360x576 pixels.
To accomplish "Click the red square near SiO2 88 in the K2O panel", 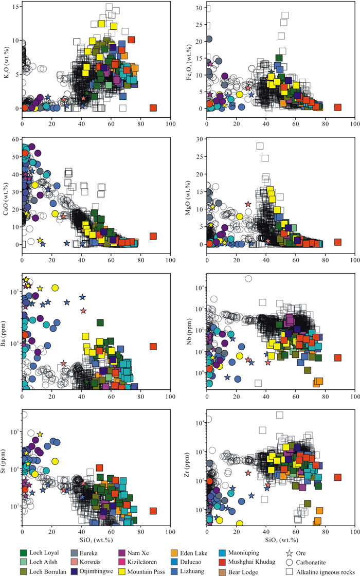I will click(153, 107).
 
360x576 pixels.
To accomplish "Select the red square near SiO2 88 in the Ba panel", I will click(153, 346).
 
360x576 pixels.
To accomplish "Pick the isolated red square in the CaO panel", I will click(153, 236).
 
